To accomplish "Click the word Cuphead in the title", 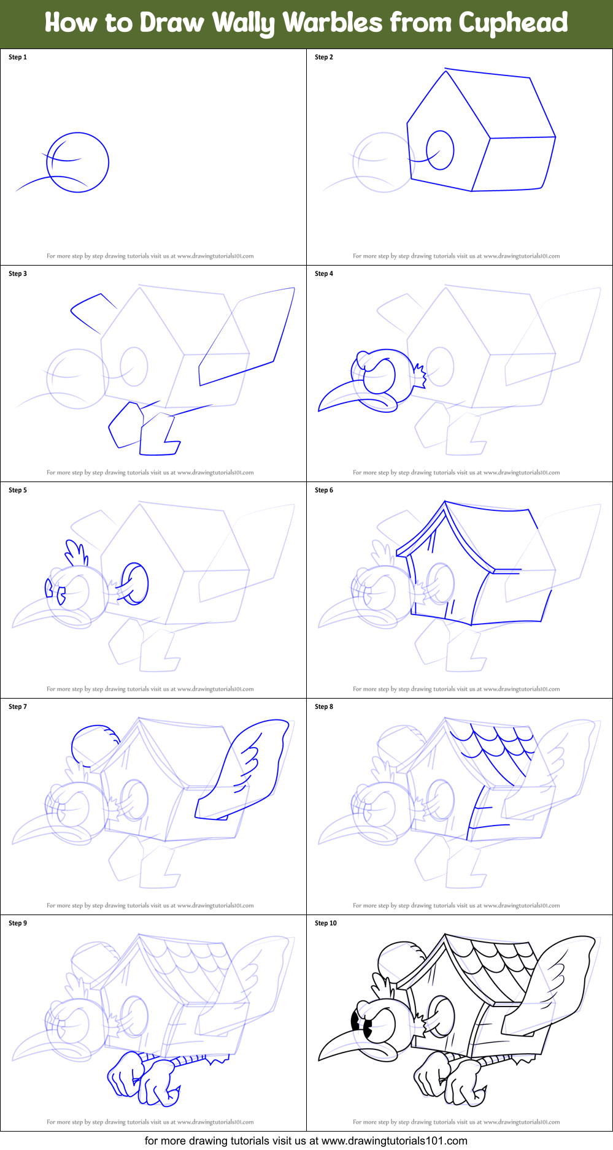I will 512,23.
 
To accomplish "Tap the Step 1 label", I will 18,57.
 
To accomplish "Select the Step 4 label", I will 324,274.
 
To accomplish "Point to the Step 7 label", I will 18,707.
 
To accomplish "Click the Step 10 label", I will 326,923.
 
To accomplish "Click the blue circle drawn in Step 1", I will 78,163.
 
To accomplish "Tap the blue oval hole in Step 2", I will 440,150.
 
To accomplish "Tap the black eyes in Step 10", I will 362,1023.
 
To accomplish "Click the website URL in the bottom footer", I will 394,1141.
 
